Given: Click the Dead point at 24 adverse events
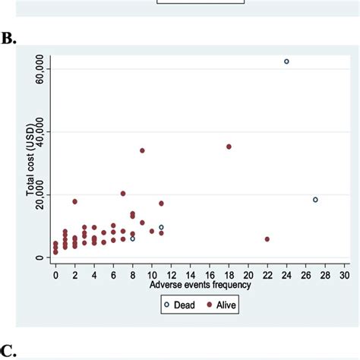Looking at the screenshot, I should [286, 62].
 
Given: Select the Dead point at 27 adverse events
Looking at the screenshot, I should [315, 200].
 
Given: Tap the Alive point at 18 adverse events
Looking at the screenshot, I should [229, 147].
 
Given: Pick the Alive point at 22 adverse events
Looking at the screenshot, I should [267, 239].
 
